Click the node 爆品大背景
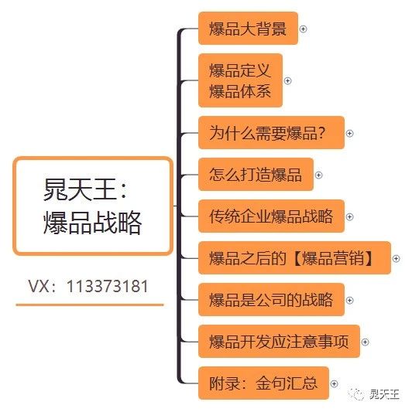coord(248,29)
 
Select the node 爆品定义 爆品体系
coord(240,80)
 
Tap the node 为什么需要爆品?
coord(271,133)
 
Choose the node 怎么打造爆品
coord(256,175)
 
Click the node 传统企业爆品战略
coord(271,216)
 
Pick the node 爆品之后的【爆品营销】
coord(294,258)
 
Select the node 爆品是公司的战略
coord(271,300)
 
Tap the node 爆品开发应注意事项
coord(279,342)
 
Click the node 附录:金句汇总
coord(263,383)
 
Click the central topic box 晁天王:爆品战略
coord(93,206)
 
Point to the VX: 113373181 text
coord(88,286)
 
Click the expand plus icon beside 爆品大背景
coord(304,29)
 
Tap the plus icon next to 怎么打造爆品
coord(319,175)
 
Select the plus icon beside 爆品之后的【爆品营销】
coord(397,258)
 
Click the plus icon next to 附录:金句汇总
coord(335,384)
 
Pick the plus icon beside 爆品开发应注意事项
coord(365,342)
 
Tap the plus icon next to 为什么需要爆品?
coord(350,134)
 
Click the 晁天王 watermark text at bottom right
coord(384,394)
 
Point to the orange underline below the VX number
coord(90,305)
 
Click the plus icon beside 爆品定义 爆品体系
coord(288,81)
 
